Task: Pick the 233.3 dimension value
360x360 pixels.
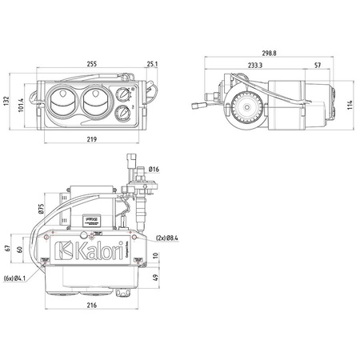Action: pyautogui.click(x=255, y=66)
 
